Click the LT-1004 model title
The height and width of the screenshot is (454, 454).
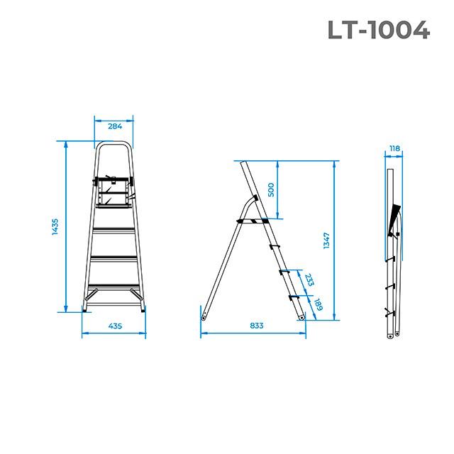click(379, 30)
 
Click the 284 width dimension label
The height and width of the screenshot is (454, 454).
click(115, 126)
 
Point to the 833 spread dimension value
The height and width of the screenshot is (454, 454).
click(256, 326)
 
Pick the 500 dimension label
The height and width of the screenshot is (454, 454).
click(270, 190)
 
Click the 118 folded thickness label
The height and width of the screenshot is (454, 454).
click(394, 149)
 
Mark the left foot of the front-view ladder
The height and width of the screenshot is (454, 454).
click(86, 309)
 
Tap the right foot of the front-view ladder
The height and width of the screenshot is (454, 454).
click(143, 309)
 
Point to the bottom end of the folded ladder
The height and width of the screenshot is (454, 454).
click(392, 335)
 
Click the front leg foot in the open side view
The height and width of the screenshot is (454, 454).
click(302, 319)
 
